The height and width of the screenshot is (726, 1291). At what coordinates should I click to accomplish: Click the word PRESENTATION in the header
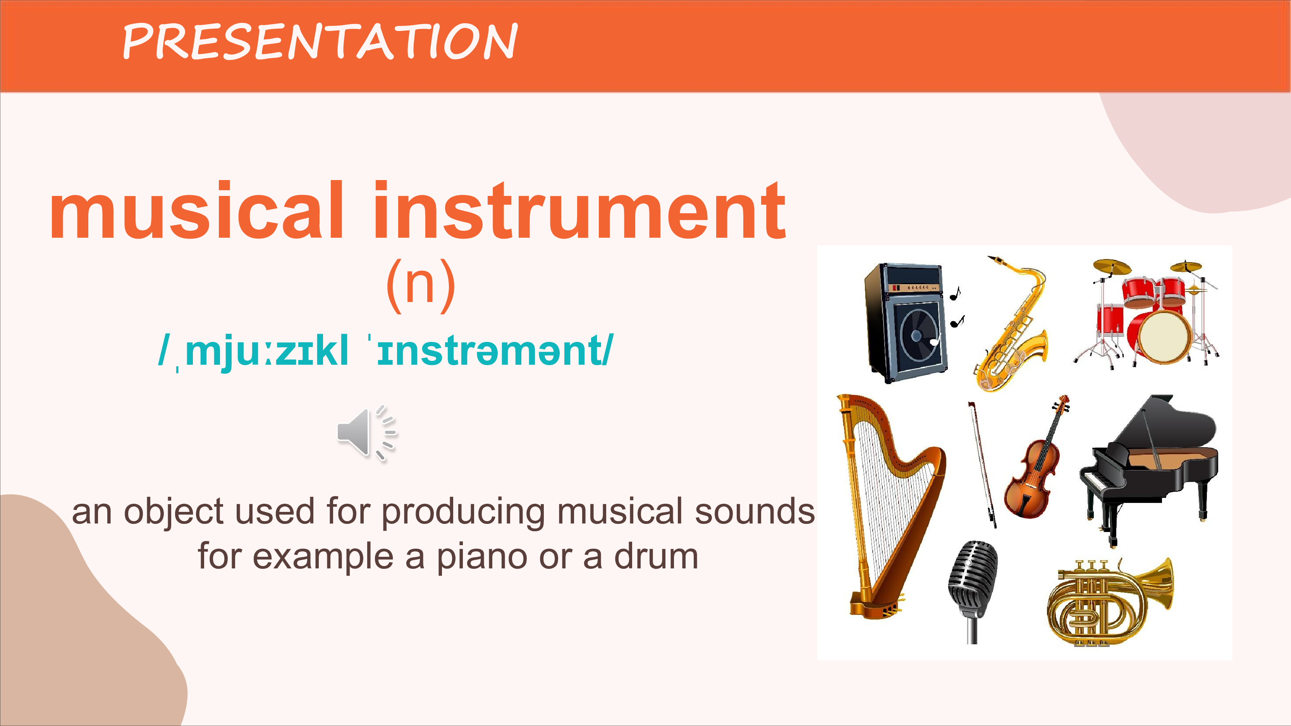coord(320,41)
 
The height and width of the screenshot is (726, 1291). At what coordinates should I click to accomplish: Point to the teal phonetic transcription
coord(385,352)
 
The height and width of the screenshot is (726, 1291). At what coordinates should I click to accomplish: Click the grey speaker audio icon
coord(367,433)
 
